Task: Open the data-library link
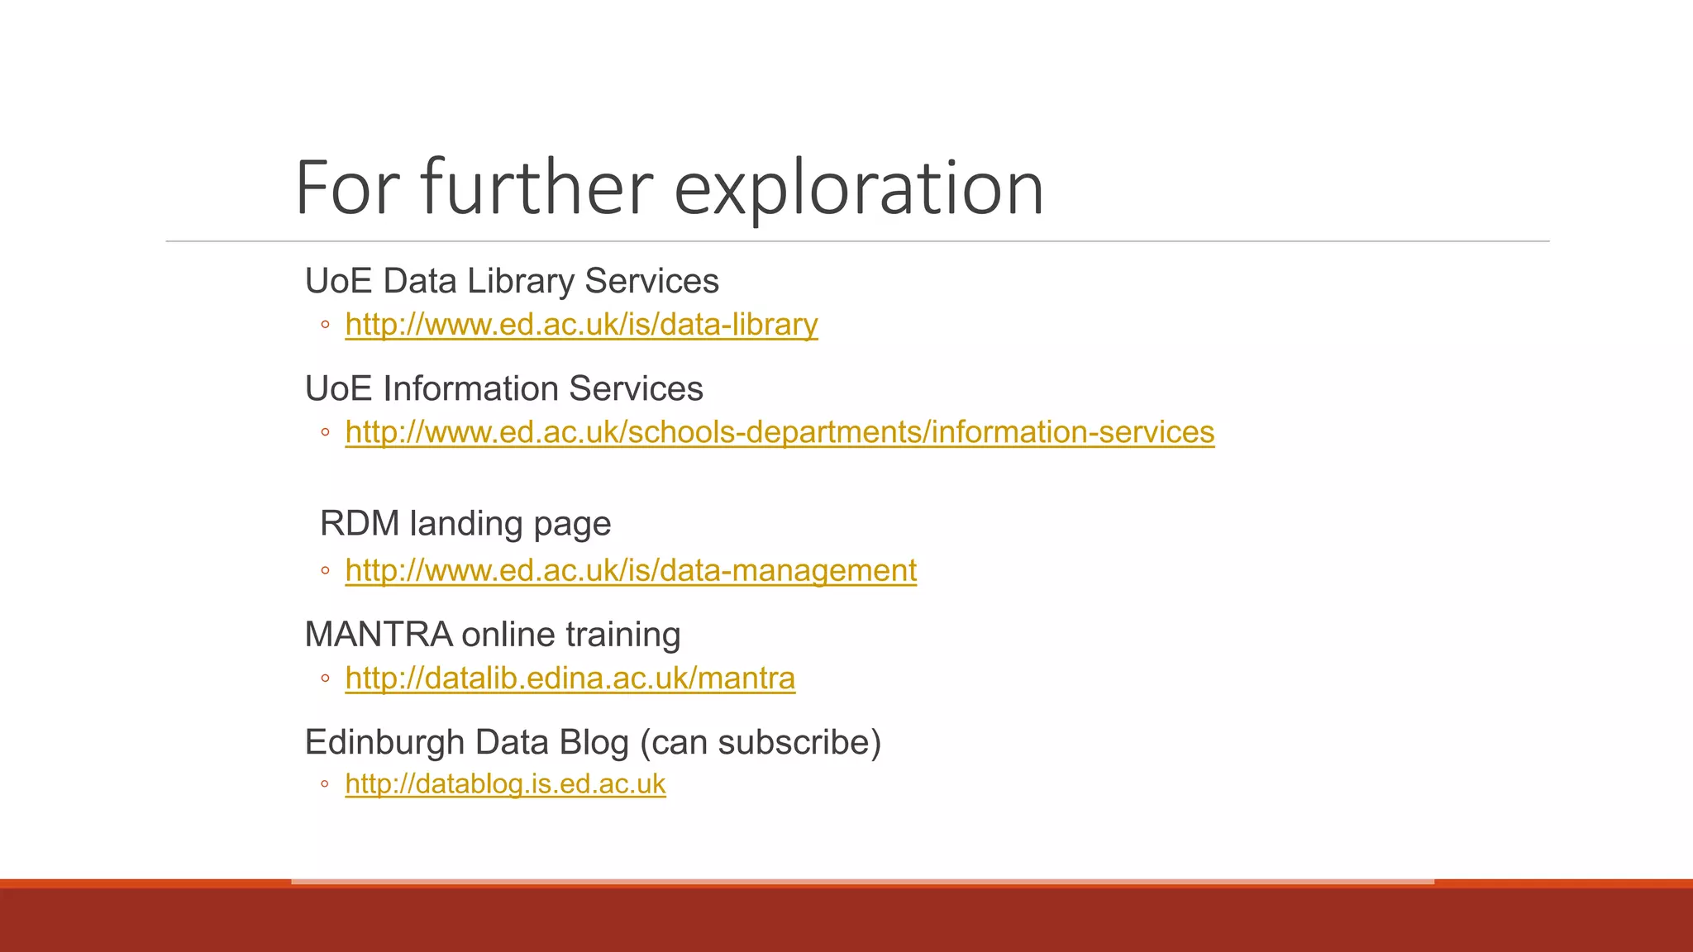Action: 581,325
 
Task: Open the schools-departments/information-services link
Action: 780,432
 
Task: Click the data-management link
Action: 631,570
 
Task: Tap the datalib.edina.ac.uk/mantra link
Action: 570,678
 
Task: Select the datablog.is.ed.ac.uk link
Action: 505,783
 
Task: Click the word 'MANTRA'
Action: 378,635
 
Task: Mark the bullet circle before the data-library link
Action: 325,325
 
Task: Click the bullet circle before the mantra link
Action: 325,678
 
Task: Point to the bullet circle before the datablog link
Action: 325,783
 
